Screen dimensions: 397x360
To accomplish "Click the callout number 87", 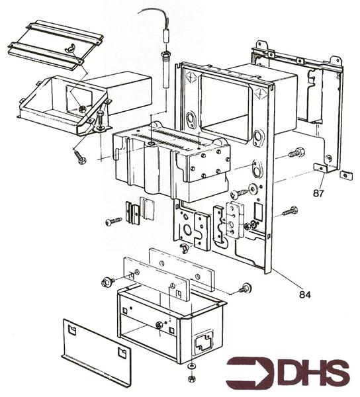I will [319, 193].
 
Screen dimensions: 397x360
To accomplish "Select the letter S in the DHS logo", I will [334, 373].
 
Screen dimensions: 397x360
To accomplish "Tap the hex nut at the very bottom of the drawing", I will [192, 378].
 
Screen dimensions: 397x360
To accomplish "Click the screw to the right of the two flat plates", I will [246, 288].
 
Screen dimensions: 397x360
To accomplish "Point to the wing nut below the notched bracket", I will [185, 249].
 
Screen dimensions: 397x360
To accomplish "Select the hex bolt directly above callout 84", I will [290, 212].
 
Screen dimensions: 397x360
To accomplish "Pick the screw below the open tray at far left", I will [81, 157].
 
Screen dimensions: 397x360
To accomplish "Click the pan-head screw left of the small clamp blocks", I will [113, 221].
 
